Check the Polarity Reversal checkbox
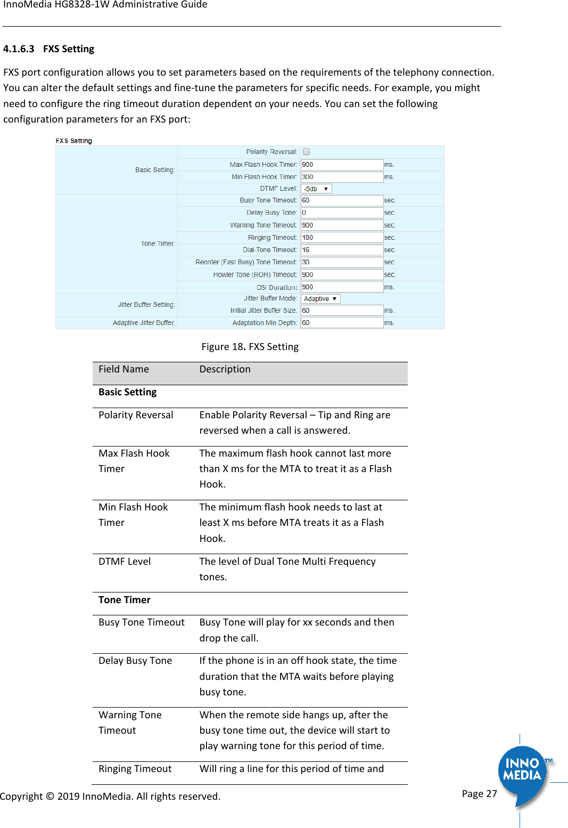[x=307, y=152]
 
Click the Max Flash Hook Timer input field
[x=342, y=165]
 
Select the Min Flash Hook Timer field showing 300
[x=342, y=177]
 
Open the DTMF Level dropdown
[x=317, y=189]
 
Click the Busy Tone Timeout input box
[x=342, y=200]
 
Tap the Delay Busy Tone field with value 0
[x=342, y=213]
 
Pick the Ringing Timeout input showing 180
[x=342, y=238]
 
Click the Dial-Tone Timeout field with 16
[x=342, y=250]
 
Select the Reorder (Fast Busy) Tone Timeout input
[x=342, y=262]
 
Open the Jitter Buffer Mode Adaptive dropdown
[x=320, y=299]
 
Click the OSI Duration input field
[x=342, y=287]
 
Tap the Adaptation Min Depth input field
[x=342, y=323]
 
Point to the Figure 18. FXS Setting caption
[x=250, y=347]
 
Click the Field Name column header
[x=124, y=369]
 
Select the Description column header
[x=225, y=369]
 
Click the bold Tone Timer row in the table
[x=125, y=600]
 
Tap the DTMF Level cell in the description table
[x=125, y=562]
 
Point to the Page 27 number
[x=479, y=794]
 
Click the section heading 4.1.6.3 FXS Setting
[x=49, y=49]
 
